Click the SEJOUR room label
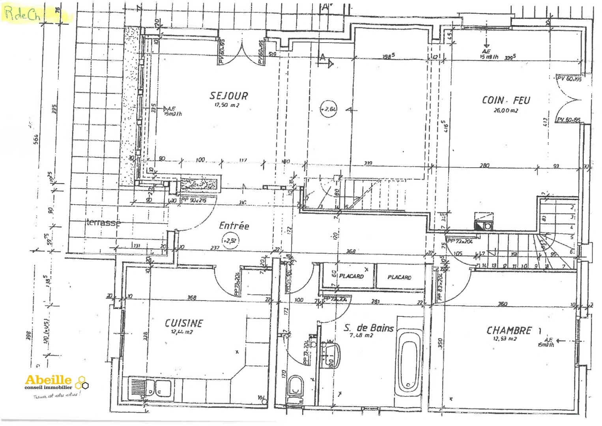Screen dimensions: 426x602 pyautogui.click(x=229, y=96)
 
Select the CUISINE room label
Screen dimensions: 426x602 pyautogui.click(x=183, y=323)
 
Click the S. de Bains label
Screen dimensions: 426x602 pyautogui.click(x=368, y=328)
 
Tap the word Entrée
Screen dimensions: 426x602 pyautogui.click(x=234, y=226)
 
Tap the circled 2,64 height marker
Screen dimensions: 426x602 pyautogui.click(x=329, y=109)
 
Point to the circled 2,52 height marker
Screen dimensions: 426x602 pyautogui.click(x=230, y=240)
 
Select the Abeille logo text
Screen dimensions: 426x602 pyautogui.click(x=48, y=380)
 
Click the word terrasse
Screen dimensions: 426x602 pyautogui.click(x=103, y=223)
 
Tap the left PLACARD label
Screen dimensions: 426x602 pyautogui.click(x=351, y=276)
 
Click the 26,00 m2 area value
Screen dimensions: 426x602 pyautogui.click(x=505, y=111)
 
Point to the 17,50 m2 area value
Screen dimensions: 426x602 pyautogui.click(x=226, y=105)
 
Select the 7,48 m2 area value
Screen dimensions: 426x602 pyautogui.click(x=361, y=336)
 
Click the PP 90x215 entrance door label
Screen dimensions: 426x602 pyautogui.click(x=194, y=200)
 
